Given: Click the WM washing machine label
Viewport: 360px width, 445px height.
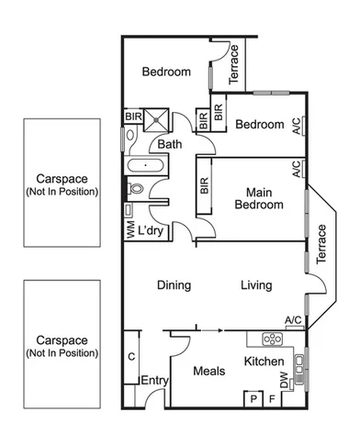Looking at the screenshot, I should pyautogui.click(x=129, y=230).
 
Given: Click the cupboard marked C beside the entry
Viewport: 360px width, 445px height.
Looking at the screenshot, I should pyautogui.click(x=131, y=357).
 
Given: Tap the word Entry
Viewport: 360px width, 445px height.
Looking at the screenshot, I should pyautogui.click(x=152, y=381).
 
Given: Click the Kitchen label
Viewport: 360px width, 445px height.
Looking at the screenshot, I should pyautogui.click(x=264, y=362).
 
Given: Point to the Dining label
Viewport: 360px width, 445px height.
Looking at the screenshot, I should pyautogui.click(x=174, y=285).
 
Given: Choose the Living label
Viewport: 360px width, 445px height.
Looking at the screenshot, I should pyautogui.click(x=256, y=285).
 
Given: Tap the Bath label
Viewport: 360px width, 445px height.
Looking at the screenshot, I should pyautogui.click(x=169, y=144).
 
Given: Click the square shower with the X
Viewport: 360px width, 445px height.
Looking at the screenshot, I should pyautogui.click(x=158, y=120).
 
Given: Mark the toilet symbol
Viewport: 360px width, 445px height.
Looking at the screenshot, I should pyautogui.click(x=136, y=190).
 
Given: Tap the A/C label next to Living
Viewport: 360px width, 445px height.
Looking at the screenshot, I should pyautogui.click(x=293, y=319).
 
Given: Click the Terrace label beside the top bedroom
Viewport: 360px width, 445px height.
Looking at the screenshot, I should pyautogui.click(x=233, y=64).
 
